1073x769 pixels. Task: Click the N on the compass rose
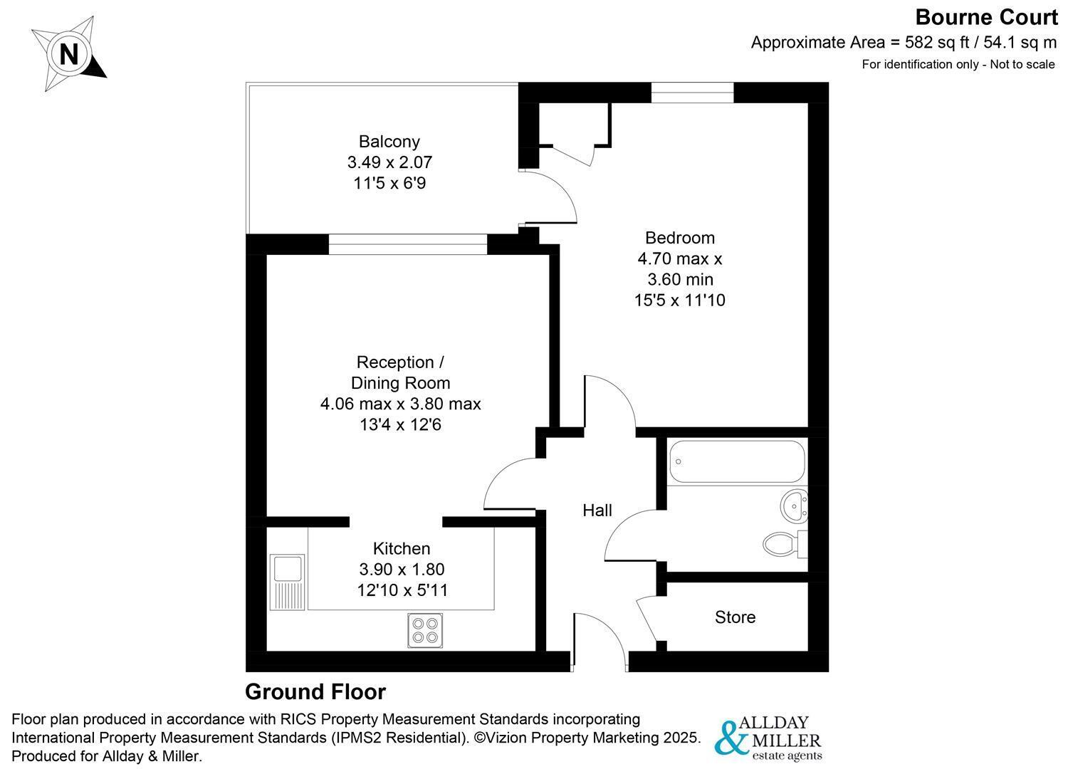pos(69,53)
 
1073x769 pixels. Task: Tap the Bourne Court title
pos(986,18)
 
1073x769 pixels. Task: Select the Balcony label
pos(389,142)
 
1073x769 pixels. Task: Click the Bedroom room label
pos(680,238)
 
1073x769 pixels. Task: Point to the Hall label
pos(597,511)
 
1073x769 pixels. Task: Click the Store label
pos(736,617)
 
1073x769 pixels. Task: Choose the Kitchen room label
pos(402,548)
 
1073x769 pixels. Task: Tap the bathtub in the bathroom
pos(737,461)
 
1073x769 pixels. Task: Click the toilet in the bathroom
pos(785,544)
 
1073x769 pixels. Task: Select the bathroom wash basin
pos(794,506)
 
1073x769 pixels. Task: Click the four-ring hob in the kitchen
pos(425,631)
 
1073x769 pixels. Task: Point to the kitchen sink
pos(288,582)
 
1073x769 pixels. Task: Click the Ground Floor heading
pos(315,692)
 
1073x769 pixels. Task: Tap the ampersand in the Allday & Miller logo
pos(731,738)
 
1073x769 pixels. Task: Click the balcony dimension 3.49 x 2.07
pos(389,162)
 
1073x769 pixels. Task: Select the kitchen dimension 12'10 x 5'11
pos(402,590)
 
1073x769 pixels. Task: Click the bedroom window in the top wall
pos(692,93)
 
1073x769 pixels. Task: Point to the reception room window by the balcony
pos(408,244)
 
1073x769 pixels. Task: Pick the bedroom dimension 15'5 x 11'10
pos(680,300)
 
